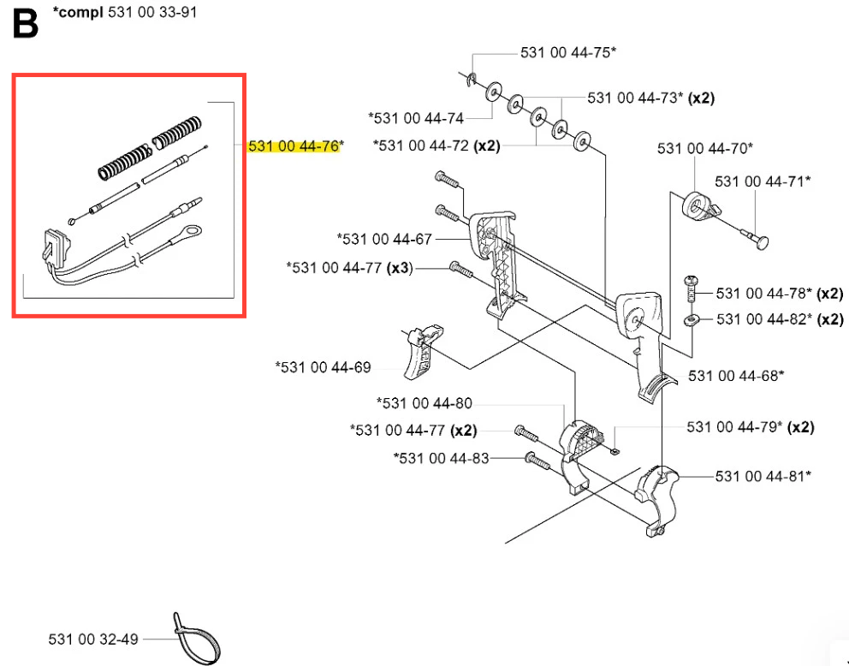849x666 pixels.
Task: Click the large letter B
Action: [25, 23]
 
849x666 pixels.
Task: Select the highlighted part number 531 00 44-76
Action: [294, 146]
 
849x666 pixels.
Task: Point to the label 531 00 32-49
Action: [93, 639]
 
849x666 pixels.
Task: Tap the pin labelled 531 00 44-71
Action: [755, 238]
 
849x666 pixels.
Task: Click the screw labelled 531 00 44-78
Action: [691, 289]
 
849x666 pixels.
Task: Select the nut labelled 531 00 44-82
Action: [692, 320]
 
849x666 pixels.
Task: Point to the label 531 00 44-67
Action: [384, 239]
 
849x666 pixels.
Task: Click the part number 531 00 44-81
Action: [763, 476]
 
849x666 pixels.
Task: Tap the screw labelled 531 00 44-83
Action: [537, 461]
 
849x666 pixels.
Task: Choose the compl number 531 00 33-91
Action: [152, 13]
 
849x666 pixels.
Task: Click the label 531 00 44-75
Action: [568, 52]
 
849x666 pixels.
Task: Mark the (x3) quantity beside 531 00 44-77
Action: [400, 268]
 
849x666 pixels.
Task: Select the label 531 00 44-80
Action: [424, 403]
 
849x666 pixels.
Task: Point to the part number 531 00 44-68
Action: [736, 376]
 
